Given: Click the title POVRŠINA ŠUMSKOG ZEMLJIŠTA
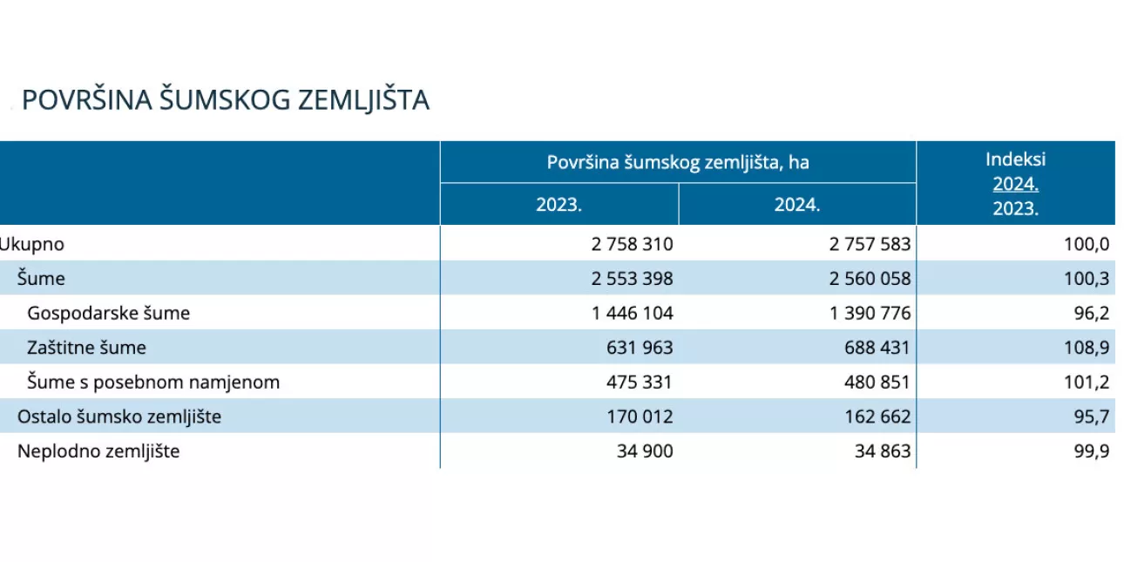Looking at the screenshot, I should point(226,100).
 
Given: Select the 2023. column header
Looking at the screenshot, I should point(559,206).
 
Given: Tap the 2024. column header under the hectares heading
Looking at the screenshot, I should point(797,206).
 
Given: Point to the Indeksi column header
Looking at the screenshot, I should point(1015,159).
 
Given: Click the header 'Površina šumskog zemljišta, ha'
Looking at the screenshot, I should point(678,162).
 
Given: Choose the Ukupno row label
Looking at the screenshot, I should point(32,244).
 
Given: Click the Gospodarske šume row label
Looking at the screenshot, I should point(108,313).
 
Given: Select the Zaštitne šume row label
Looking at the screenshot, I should point(86,348).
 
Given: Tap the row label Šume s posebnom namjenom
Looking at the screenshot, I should point(153,382).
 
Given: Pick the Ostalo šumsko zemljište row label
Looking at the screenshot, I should point(119,416).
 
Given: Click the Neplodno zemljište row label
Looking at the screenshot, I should point(98,451).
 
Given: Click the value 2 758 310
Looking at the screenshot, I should point(632,244).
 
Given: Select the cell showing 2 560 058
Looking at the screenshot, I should point(870,279).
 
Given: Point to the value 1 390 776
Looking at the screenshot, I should point(870,313).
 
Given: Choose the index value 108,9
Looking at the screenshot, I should point(1088,348).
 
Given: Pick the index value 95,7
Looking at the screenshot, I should point(1093,416).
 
